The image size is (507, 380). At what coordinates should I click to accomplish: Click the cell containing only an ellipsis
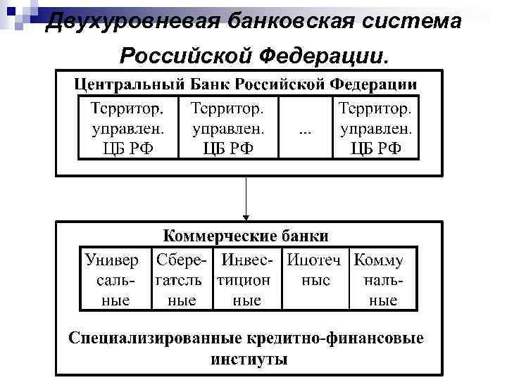[x=305, y=129]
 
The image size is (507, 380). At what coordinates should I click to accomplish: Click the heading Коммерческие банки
[x=246, y=235]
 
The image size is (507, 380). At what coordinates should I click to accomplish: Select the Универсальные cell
[x=113, y=280]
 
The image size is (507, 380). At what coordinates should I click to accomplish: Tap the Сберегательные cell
[x=182, y=280]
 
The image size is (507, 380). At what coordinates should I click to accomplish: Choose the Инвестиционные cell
[x=246, y=280]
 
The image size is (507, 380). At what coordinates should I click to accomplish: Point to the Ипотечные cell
[x=315, y=280]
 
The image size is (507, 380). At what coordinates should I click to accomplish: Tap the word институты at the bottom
[x=249, y=360]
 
